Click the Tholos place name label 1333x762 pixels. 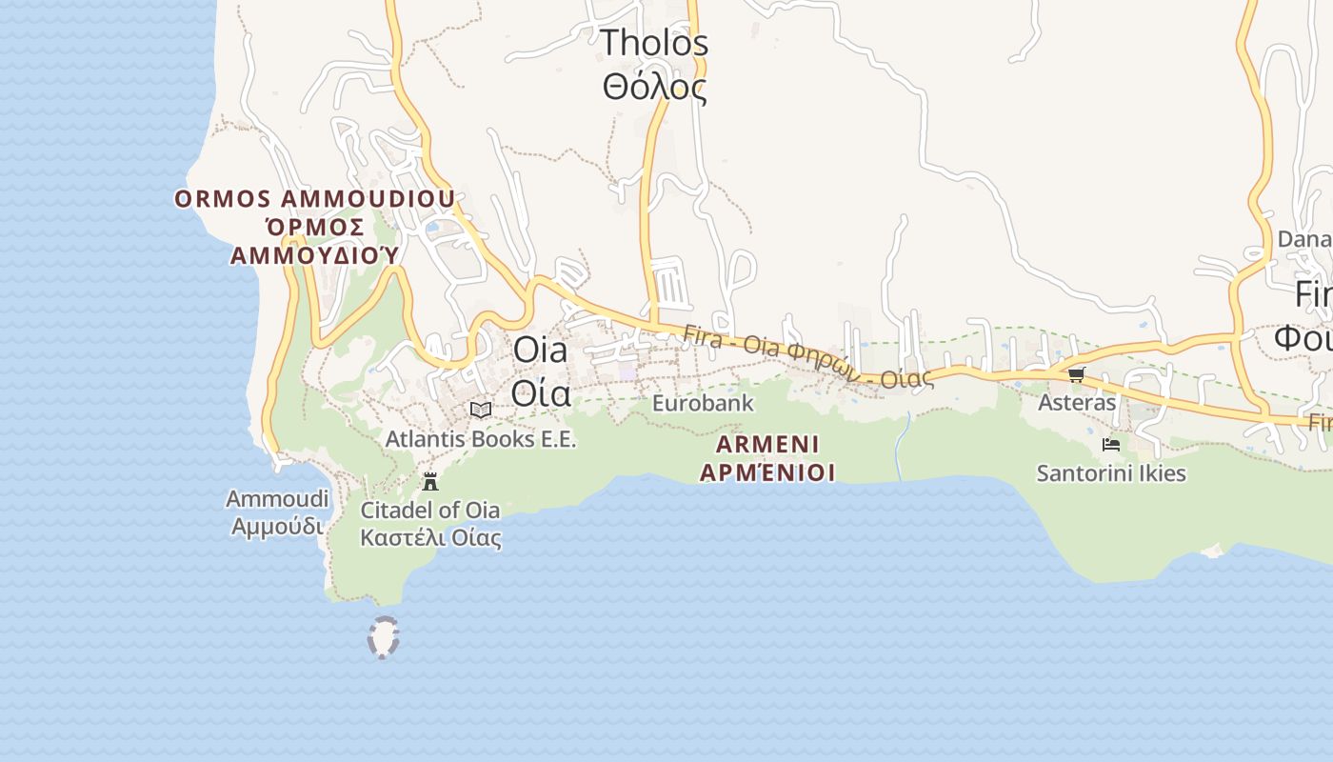coord(655,43)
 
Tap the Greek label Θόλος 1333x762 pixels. coord(655,88)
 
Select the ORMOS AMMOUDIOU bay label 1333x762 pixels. coord(314,199)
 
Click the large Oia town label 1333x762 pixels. coord(540,350)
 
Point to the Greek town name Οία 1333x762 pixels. coord(540,391)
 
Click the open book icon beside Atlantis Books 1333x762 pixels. coord(481,410)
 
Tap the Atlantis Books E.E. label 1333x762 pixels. coord(481,439)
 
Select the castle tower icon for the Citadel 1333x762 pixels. coord(430,481)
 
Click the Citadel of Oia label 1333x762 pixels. coord(430,510)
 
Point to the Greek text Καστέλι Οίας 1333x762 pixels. coord(430,537)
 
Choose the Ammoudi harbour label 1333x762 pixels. coord(277,499)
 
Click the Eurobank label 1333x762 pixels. coord(703,403)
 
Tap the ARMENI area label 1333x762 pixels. coord(767,444)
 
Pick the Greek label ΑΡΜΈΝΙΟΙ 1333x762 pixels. coord(767,471)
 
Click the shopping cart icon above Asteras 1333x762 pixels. coord(1076,374)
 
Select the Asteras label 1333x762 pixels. coord(1076,402)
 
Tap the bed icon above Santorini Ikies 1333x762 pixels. coord(1110,444)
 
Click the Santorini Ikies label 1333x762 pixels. coord(1111,472)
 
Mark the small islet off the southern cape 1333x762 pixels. coord(383,637)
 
